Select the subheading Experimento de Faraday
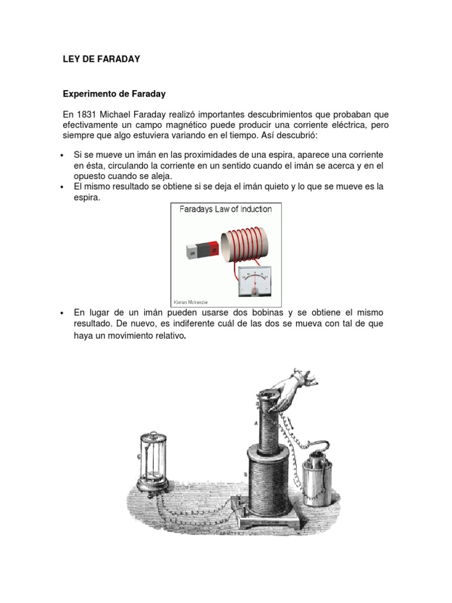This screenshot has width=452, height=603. [x=114, y=94]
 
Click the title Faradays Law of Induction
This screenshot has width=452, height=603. [x=221, y=209]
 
